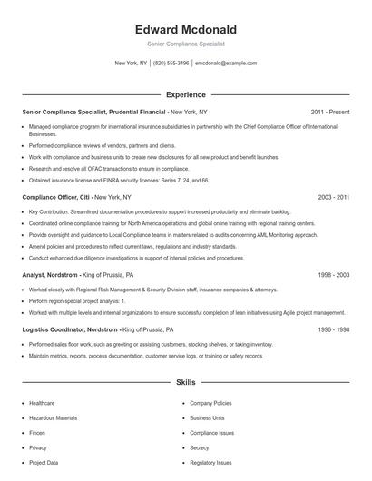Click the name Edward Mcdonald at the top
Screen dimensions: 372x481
pyautogui.click(x=185, y=29)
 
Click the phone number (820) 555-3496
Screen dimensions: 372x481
pyautogui.click(x=171, y=64)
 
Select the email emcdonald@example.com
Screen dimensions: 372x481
pyautogui.click(x=226, y=64)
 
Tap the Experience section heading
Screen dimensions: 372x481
pyautogui.click(x=185, y=94)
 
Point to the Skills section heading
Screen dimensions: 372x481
pyautogui.click(x=185, y=384)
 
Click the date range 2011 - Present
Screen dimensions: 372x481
pyautogui.click(x=329, y=112)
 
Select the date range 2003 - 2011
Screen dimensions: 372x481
pyautogui.click(x=331, y=196)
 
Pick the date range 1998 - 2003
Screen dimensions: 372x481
pyautogui.click(x=331, y=273)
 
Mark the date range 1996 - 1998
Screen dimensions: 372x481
pyautogui.click(x=331, y=329)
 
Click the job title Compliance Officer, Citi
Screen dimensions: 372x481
pyautogui.click(x=55, y=196)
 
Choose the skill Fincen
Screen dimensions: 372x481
pyautogui.click(x=37, y=433)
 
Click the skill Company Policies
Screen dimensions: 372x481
pyautogui.click(x=210, y=403)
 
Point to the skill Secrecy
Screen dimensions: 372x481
pyautogui.click(x=200, y=447)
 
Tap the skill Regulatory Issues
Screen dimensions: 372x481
pyautogui.click(x=210, y=463)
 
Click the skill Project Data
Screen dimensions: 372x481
pyautogui.click(x=44, y=463)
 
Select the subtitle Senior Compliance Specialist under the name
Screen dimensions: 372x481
pyautogui.click(x=185, y=44)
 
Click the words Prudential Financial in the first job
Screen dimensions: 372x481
pyautogui.click(x=132, y=112)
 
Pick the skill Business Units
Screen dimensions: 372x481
pyautogui.click(x=207, y=417)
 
